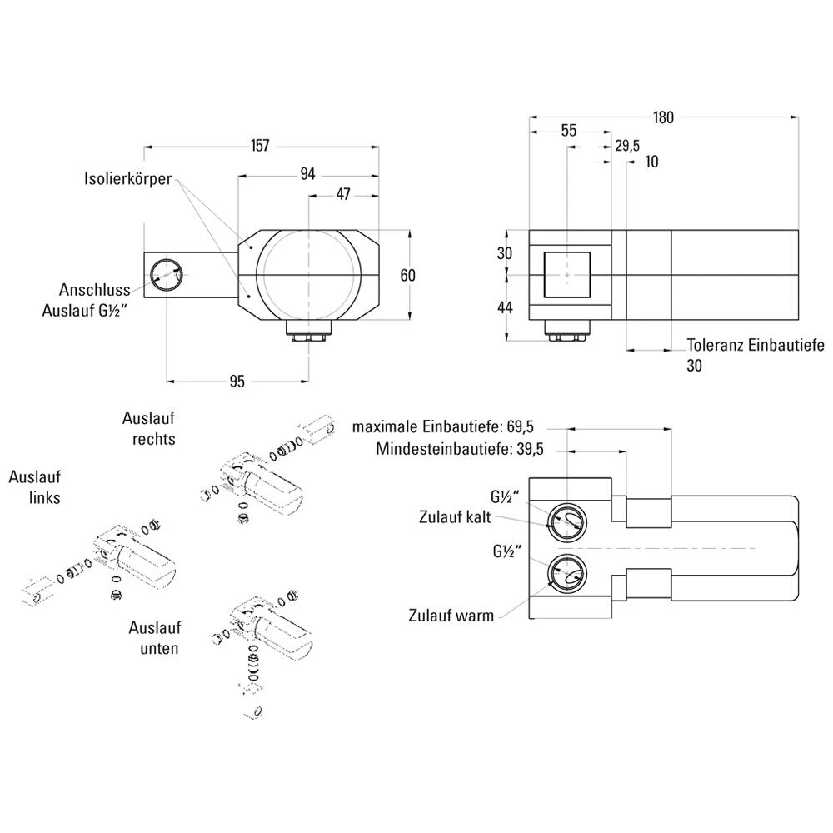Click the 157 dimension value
(260, 146)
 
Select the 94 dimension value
(307, 173)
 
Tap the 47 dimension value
(342, 194)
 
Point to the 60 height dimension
(407, 275)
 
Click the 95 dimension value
(237, 382)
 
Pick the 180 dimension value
(663, 117)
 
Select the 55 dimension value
(568, 131)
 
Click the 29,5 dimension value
(626, 146)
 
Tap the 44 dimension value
(506, 307)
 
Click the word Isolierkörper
(128, 178)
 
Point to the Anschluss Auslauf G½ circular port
(166, 274)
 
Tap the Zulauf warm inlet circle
(567, 573)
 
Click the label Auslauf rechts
(149, 428)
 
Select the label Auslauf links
(34, 487)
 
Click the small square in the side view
(567, 274)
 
